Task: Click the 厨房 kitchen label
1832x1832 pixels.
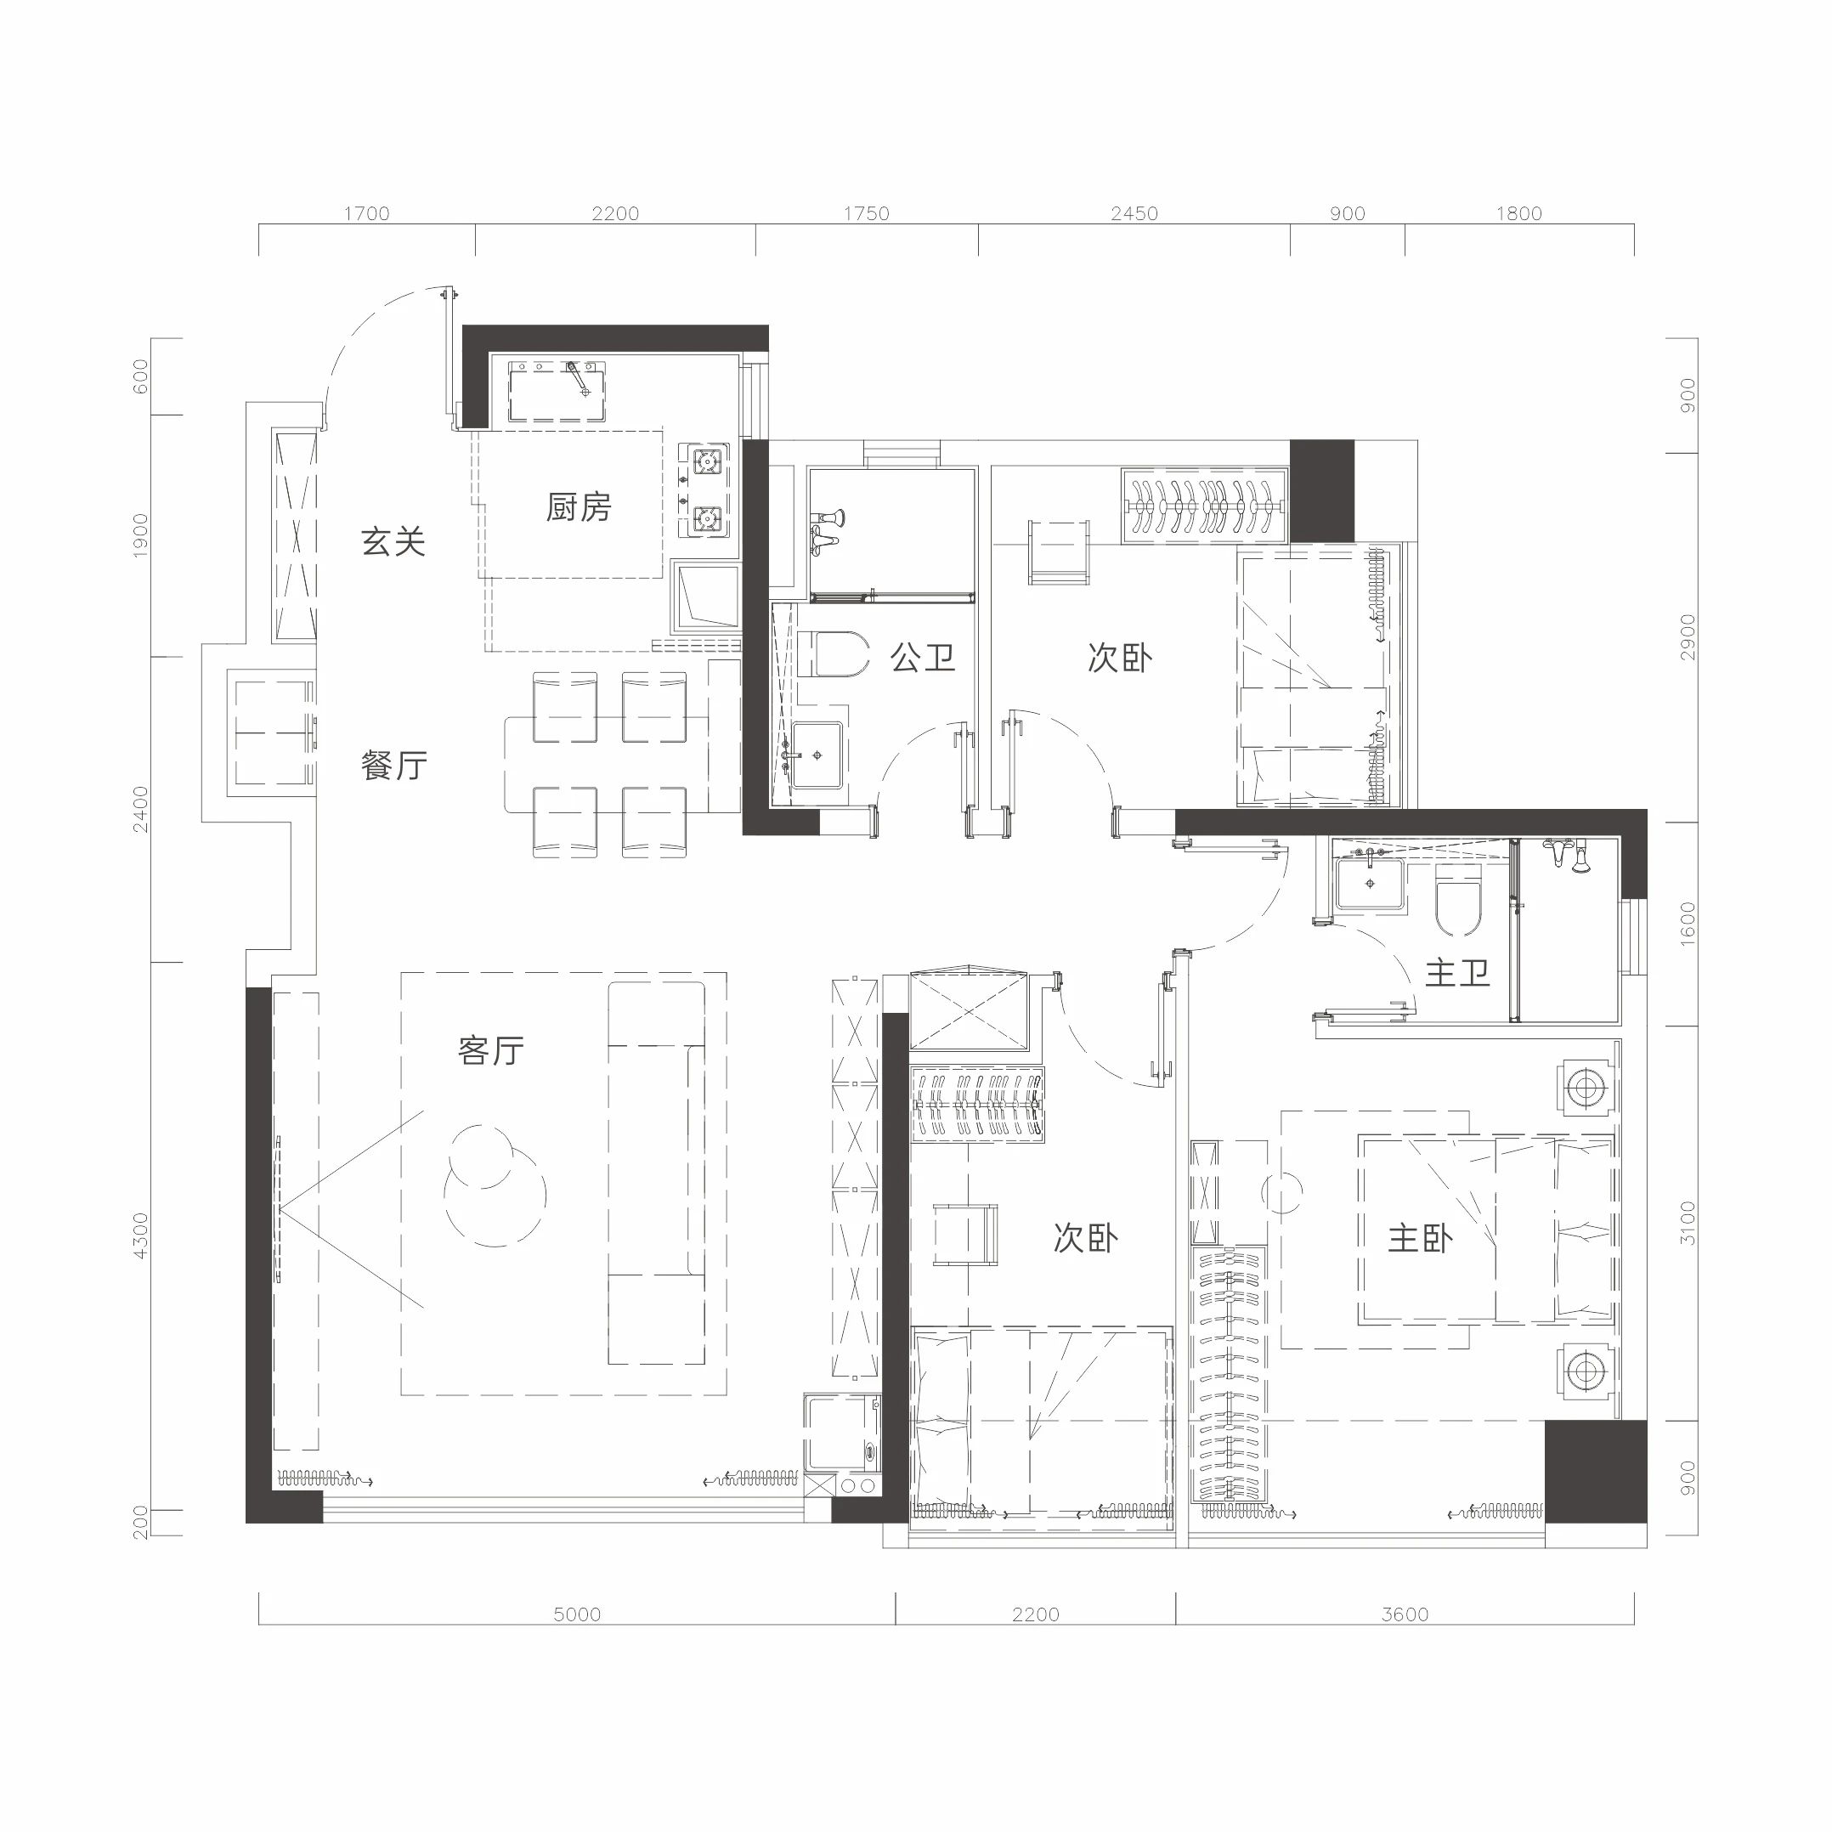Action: pos(579,507)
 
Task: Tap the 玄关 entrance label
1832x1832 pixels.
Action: pos(393,541)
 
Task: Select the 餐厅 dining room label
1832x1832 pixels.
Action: pos(393,766)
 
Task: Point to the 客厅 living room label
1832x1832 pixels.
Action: pos(490,1050)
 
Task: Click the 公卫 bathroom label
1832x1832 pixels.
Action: pos(923,657)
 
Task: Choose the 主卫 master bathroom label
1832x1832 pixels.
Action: pos(1457,973)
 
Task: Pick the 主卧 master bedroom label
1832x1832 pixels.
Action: pos(1421,1238)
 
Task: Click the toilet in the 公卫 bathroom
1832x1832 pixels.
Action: pos(834,654)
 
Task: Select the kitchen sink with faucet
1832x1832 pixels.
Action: pos(557,391)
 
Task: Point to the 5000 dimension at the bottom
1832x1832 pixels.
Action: pos(578,1614)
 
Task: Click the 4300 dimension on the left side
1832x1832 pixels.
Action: pos(141,1235)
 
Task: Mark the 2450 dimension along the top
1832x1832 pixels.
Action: pos(1135,213)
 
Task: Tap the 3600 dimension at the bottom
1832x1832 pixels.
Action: pos(1405,1614)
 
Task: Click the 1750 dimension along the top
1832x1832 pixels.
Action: pos(867,213)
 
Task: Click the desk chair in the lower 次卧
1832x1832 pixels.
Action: pos(965,1235)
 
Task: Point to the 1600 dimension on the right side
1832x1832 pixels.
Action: pos(1688,923)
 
